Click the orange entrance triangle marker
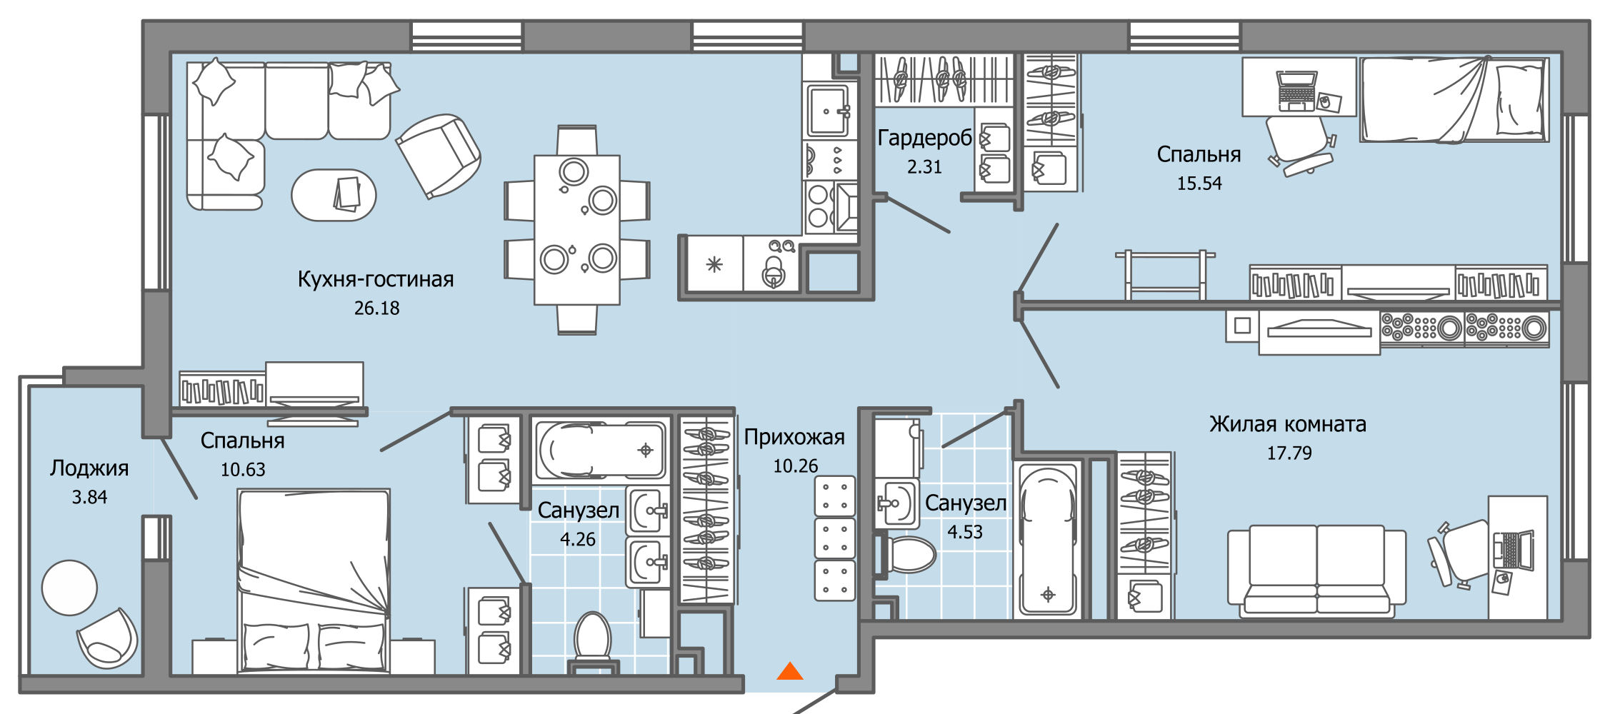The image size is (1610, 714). [790, 671]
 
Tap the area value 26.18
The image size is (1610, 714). [376, 308]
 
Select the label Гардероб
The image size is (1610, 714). [924, 138]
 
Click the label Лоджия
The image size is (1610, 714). [89, 468]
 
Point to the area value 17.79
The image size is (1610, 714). [1289, 453]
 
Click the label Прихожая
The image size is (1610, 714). [794, 437]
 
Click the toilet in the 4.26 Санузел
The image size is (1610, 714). [592, 638]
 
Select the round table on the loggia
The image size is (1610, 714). [69, 588]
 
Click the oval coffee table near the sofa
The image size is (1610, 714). [334, 195]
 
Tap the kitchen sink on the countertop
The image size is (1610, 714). [828, 111]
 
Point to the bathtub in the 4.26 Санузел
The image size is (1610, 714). [601, 450]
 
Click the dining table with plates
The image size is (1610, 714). [577, 230]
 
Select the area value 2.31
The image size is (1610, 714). [924, 167]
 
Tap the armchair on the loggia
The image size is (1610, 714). [107, 639]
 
